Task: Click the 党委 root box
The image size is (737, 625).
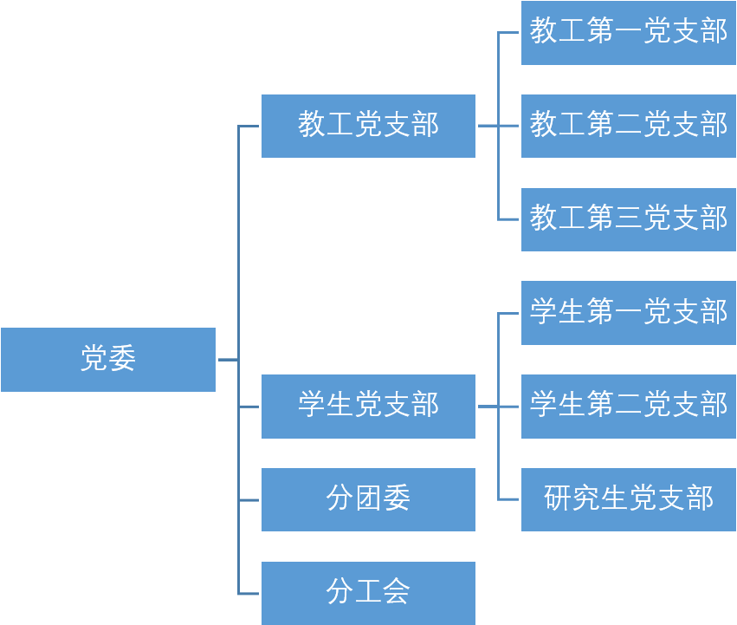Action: tap(108, 360)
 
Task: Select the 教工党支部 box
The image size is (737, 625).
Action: tap(368, 126)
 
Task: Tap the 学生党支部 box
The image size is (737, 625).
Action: tap(368, 406)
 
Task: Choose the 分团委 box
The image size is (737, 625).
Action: tap(368, 499)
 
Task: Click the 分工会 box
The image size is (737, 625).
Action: tap(368, 593)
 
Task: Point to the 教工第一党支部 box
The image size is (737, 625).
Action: tap(628, 33)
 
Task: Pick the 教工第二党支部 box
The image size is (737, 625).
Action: tap(628, 126)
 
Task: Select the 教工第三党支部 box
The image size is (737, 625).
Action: tap(628, 219)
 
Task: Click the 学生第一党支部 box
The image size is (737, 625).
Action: tap(628, 313)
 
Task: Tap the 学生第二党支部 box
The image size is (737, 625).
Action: tap(628, 406)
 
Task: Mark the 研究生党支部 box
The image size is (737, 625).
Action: tap(628, 499)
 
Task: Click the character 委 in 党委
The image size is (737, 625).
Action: tap(122, 359)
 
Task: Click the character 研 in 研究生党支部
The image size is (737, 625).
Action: tap(558, 498)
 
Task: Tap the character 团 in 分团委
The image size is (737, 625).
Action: tap(368, 498)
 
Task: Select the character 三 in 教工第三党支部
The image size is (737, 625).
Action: tap(629, 218)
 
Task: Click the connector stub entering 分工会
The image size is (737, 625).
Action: tap(249, 594)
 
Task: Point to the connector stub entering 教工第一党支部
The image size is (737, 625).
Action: tap(509, 33)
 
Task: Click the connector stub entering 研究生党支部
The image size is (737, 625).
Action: tap(509, 499)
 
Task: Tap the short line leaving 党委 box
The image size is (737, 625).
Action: tap(228, 360)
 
